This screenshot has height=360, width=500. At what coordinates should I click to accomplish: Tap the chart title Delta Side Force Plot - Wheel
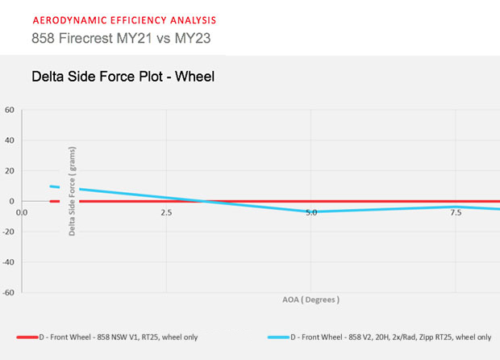[x=122, y=78]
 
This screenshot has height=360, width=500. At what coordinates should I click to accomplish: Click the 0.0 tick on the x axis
[x=22, y=212]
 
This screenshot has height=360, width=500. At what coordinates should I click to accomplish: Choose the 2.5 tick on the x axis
[x=166, y=212]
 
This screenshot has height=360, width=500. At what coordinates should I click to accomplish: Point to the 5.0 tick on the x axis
[x=311, y=212]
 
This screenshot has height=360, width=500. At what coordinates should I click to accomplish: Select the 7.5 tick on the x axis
[x=456, y=212]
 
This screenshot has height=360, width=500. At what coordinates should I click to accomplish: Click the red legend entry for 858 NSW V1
[x=121, y=337]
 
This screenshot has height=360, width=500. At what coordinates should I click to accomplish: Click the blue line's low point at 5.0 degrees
[x=311, y=212]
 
